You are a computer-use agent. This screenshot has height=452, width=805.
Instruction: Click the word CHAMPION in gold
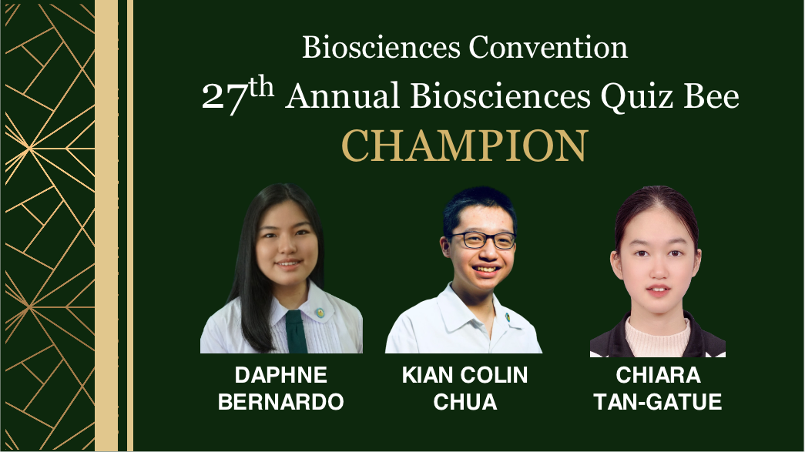point(465,146)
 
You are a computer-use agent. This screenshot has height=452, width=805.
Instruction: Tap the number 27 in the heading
point(225,98)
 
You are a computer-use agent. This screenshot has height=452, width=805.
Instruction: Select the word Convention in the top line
point(548,47)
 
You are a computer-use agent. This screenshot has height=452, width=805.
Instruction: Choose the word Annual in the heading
point(343,96)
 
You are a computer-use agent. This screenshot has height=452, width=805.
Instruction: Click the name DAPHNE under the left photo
point(281,375)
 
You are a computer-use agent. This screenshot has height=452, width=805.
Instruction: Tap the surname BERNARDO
point(281,402)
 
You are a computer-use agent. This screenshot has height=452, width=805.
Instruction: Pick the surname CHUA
point(465,402)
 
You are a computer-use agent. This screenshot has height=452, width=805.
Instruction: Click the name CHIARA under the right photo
point(658,375)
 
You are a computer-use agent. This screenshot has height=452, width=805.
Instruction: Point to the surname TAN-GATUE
point(658,402)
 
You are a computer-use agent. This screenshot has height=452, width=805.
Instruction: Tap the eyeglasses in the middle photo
point(481,240)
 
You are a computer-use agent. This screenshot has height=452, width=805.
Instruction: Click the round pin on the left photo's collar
point(320,313)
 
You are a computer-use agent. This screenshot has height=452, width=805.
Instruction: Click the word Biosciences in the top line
point(381,47)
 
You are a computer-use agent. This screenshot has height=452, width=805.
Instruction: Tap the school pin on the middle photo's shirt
point(508,317)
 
